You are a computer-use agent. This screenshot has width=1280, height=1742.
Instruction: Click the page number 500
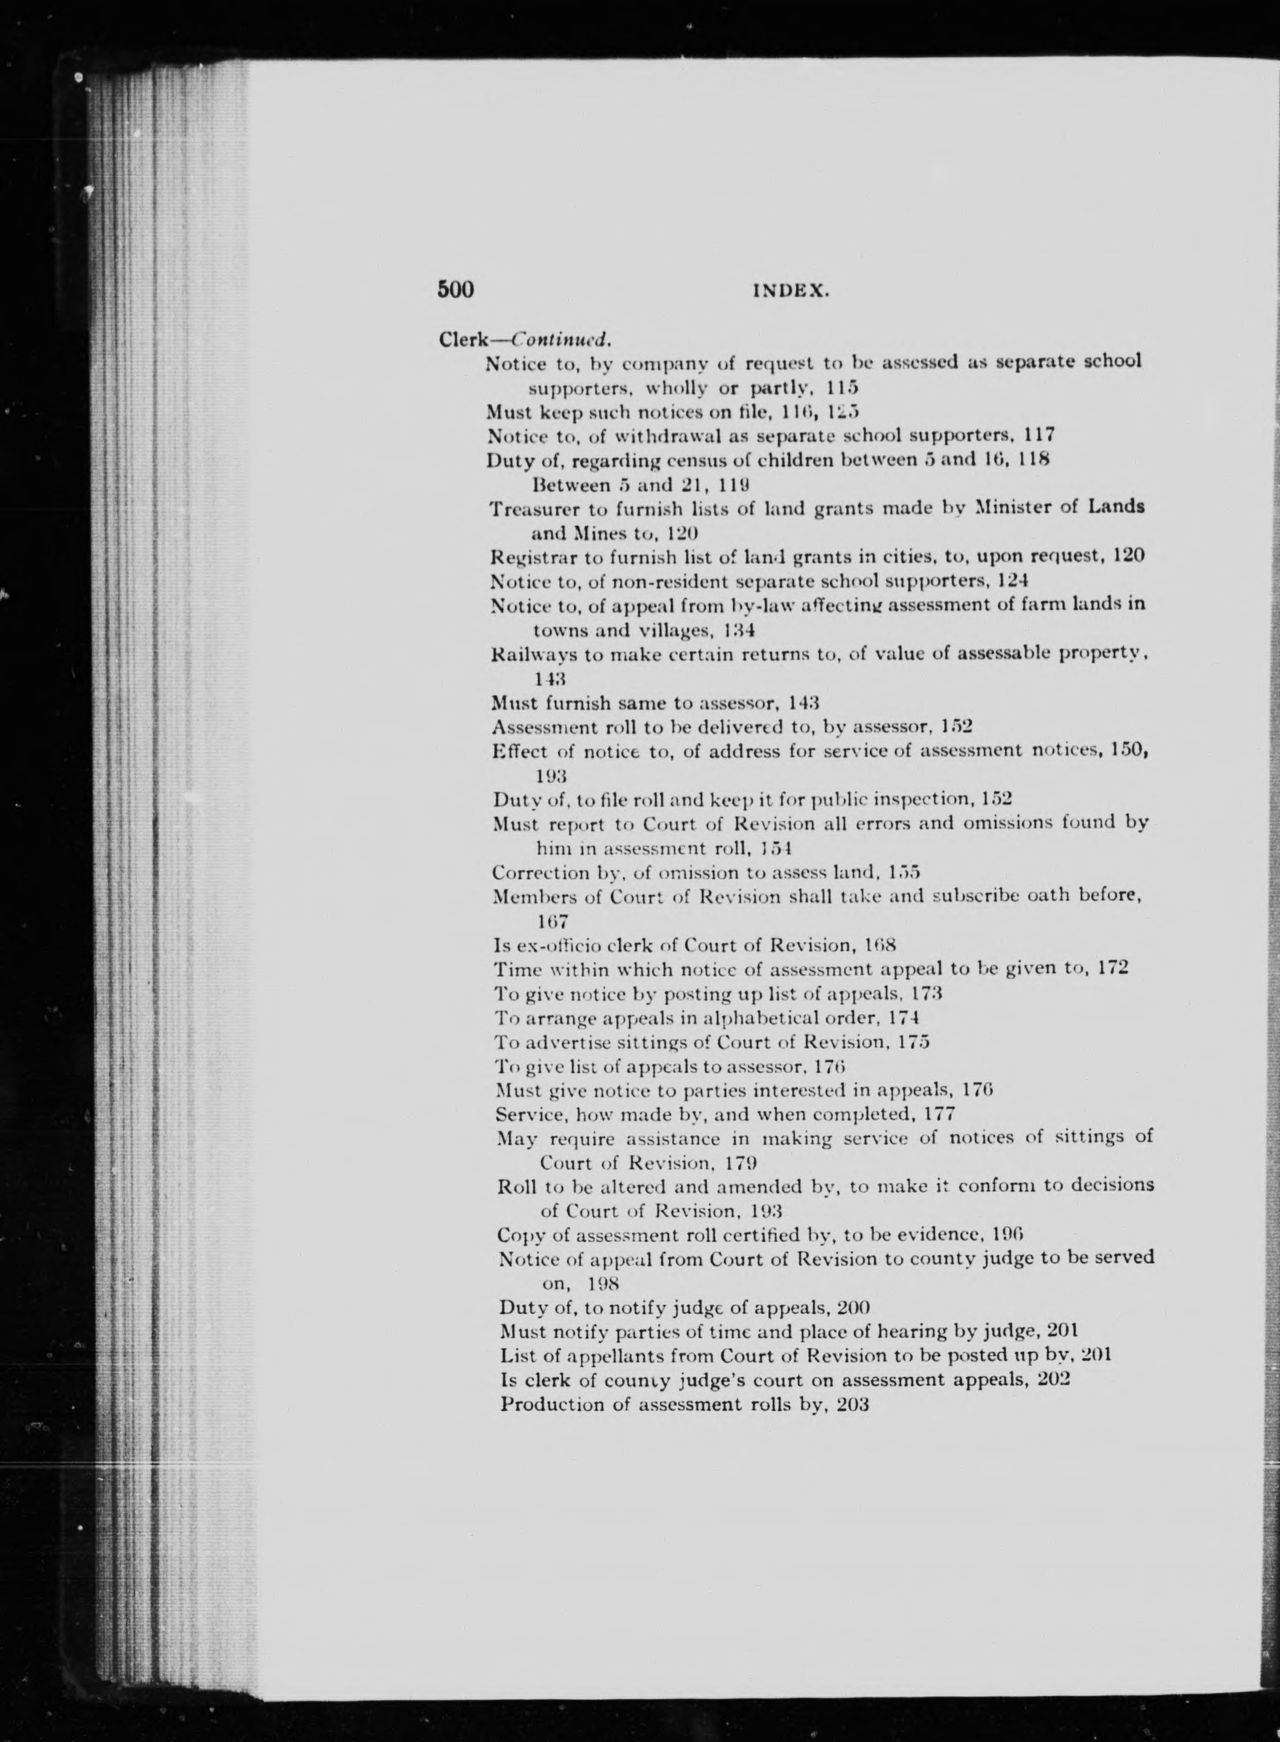pyautogui.click(x=455, y=289)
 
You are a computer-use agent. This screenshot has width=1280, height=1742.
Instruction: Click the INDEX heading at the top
pyautogui.click(x=791, y=291)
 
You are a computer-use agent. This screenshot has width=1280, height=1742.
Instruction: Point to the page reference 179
pyautogui.click(x=741, y=1163)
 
